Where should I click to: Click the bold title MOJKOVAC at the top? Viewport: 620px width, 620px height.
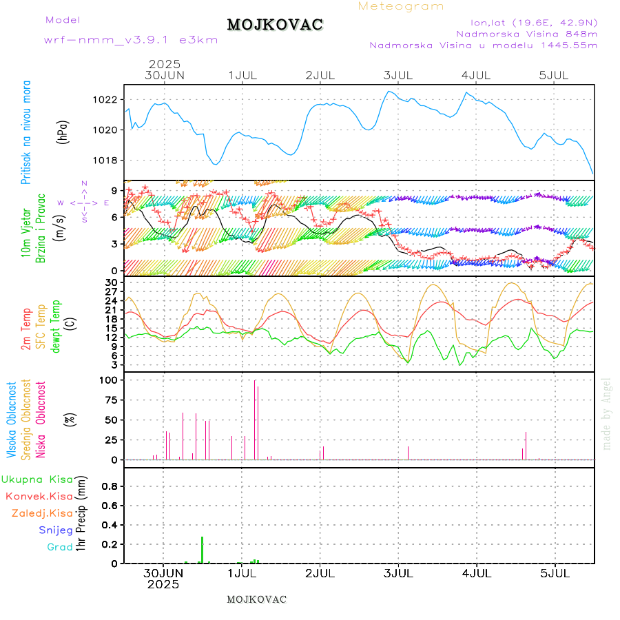[x=275, y=25]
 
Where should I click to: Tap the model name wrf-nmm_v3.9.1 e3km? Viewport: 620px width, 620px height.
[x=131, y=39]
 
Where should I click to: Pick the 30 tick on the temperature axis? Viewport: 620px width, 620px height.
[x=110, y=282]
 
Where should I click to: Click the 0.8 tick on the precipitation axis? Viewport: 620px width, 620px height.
[x=109, y=486]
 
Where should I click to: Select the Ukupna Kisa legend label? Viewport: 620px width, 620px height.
[x=37, y=479]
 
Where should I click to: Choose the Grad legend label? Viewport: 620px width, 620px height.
[x=59, y=547]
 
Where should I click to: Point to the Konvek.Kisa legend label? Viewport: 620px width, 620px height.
[x=39, y=496]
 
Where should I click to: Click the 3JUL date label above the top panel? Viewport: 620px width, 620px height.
[x=398, y=74]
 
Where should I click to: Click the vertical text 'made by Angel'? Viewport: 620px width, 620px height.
[x=607, y=413]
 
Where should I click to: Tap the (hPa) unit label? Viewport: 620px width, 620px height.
[x=63, y=131]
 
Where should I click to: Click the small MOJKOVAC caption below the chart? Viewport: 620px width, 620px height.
[x=256, y=599]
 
